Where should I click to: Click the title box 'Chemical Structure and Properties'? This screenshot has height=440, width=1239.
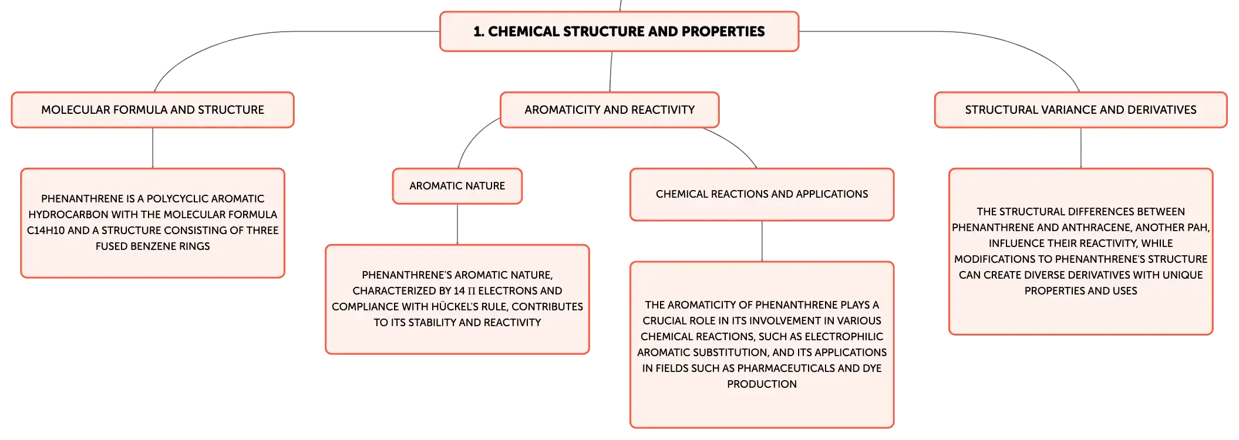coord(619,32)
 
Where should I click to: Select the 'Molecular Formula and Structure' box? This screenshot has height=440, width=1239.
coord(153,110)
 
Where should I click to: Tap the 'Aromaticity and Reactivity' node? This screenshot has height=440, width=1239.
coord(610,110)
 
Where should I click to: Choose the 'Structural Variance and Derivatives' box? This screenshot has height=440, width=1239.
coord(1080,110)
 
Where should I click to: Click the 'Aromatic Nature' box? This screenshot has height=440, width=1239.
coord(457,186)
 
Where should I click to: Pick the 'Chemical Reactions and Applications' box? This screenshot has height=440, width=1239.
coord(762,194)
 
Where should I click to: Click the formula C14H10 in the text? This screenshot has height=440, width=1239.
coord(46,231)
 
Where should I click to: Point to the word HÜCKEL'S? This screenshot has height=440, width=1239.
coord(455,306)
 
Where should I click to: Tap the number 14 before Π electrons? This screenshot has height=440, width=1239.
coord(459,291)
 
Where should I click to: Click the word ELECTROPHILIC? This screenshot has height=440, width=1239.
coord(844,337)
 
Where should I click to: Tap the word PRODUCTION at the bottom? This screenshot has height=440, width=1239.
coord(762,384)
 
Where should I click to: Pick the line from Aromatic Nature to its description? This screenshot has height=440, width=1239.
coord(457,224)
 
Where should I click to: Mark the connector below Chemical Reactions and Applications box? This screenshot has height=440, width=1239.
coord(762,241)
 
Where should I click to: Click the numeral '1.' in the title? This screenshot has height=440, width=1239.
coord(479,32)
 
